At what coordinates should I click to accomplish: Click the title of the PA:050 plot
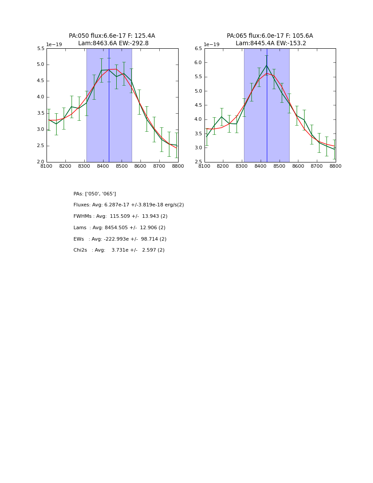click(112, 40)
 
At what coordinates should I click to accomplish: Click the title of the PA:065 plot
click(270, 40)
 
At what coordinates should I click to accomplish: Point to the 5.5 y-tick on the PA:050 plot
click(40, 49)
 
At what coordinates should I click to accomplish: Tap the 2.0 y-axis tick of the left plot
click(40, 162)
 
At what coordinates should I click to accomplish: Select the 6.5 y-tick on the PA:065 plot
click(198, 49)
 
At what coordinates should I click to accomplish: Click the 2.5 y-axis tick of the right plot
click(198, 162)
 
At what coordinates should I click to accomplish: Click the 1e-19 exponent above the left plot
click(54, 45)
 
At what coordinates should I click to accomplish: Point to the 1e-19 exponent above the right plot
click(212, 45)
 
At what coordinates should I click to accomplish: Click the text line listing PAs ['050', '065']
click(95, 194)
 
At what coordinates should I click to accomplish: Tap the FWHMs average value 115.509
click(120, 216)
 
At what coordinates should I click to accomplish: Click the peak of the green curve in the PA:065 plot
click(266, 65)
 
